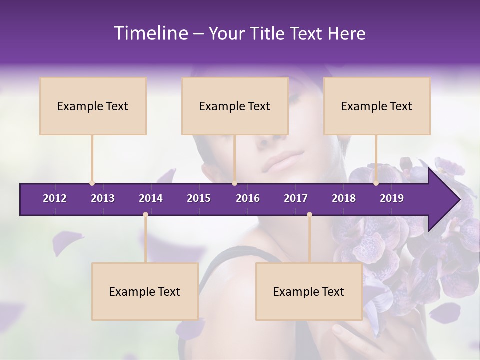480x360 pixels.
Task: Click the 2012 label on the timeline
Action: point(55,198)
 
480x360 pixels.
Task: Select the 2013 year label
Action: point(103,198)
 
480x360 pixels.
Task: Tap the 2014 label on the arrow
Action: point(151,198)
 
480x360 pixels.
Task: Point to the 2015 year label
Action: point(199,198)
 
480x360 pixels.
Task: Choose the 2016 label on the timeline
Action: point(248,198)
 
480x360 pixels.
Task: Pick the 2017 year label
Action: point(296,198)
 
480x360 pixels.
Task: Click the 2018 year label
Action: point(344,198)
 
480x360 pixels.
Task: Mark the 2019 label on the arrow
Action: point(392,198)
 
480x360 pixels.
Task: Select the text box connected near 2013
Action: point(93,106)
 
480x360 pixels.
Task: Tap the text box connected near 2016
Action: point(235,106)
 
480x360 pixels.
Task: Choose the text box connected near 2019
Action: point(377,106)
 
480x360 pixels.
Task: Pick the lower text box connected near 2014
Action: point(145,291)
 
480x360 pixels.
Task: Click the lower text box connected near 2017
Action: point(309,291)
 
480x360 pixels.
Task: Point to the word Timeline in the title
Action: point(150,33)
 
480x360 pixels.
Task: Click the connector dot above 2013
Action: point(92,183)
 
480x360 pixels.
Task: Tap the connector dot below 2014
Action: point(145,215)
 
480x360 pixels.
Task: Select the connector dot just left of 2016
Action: point(234,183)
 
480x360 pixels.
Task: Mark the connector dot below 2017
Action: point(309,215)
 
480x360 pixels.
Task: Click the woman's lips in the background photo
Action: point(283,161)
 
